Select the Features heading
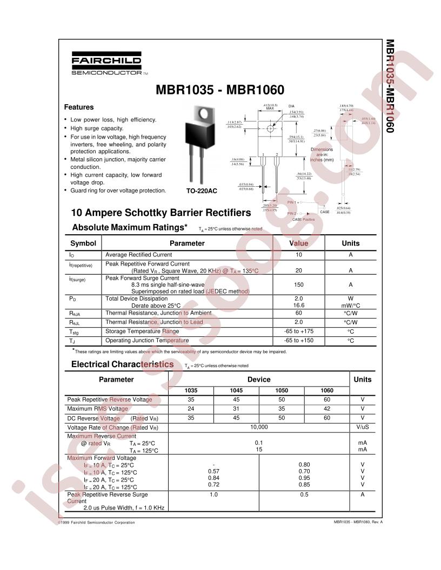[79, 107]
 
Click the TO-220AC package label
[202, 191]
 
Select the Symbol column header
[83, 243]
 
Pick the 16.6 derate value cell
[299, 305]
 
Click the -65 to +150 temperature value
[299, 341]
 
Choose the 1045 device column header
[237, 390]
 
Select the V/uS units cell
[362, 427]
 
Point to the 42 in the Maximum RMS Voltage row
[327, 409]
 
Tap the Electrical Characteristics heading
[122, 364]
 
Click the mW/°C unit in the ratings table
[350, 305]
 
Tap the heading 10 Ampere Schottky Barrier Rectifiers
[161, 213]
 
